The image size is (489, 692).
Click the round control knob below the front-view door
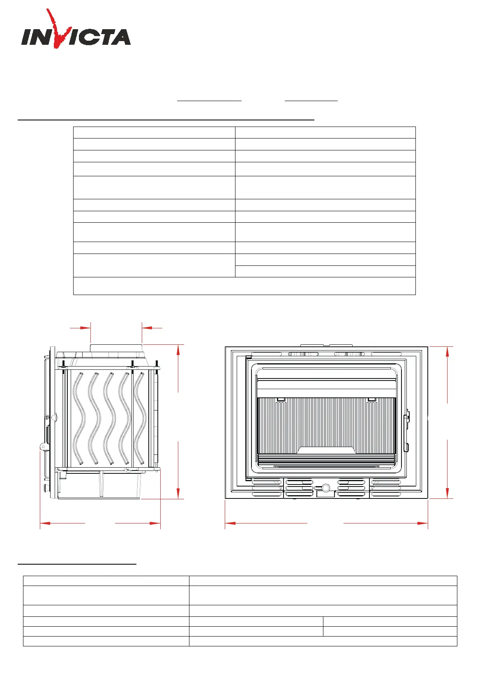point(325,488)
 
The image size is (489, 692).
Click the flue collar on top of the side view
point(116,348)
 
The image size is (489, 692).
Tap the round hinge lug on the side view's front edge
point(43,447)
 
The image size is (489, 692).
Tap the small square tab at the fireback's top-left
point(281,399)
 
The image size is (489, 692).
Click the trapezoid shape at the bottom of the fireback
point(326,450)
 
